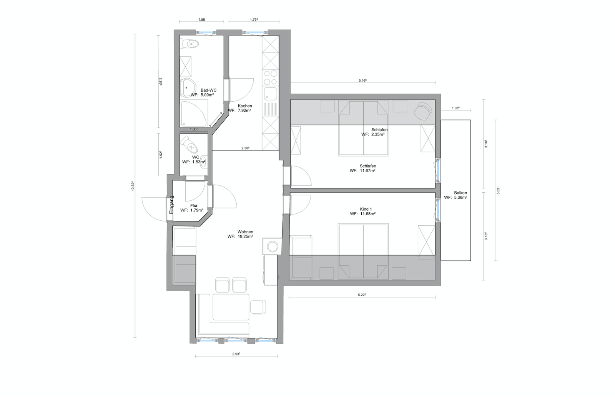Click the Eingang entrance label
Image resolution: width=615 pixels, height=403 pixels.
pos(171,205)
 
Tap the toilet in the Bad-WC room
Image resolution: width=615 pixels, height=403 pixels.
pos(189,44)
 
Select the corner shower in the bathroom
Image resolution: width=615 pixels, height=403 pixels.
pos(194,113)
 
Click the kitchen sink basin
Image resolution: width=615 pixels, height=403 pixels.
pos(270,94)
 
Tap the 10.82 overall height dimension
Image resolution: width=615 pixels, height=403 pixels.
pos(133,186)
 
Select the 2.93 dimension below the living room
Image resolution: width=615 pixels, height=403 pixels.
pos(236,354)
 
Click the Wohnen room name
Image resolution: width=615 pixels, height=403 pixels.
pos(246,232)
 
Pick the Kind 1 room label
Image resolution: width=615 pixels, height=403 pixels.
pos(366,209)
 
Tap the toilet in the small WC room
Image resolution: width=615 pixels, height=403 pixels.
pos(189,145)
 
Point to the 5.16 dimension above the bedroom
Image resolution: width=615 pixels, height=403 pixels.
pos(363,81)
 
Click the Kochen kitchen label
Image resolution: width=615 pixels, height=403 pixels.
pos(245,106)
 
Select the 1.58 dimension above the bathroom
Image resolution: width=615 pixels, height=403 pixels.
pos(201,20)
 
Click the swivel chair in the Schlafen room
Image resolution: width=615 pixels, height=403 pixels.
pos(423,111)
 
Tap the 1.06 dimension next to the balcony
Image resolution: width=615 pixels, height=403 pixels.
pos(455,108)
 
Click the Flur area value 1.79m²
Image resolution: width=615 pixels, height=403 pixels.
pos(197,210)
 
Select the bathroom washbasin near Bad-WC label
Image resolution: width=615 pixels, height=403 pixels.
pos(188,88)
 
